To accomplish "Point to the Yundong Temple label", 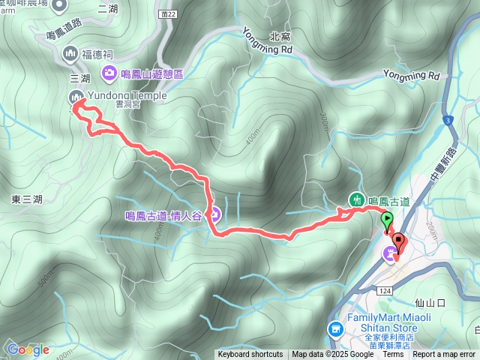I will [x=124, y=95].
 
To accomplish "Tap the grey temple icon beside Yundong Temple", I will [x=76, y=96].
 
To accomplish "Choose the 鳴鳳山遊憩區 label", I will [x=157, y=73].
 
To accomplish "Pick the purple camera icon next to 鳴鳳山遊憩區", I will [x=109, y=73].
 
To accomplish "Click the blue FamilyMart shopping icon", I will [x=335, y=328].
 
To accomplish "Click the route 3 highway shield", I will [x=447, y=120].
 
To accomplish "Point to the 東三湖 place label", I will [x=27, y=199].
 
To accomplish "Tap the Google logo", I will [x=28, y=349].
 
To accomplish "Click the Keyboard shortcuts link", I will [x=250, y=355].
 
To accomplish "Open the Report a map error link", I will [x=445, y=355].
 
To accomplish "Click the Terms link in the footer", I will [x=393, y=355].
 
